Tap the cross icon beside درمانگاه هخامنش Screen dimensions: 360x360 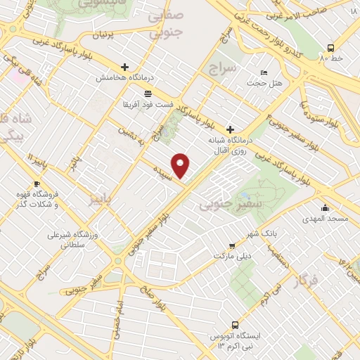(x=124, y=66)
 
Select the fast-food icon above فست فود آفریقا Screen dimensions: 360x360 (x=147, y=93)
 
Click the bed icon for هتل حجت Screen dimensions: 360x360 (x=264, y=72)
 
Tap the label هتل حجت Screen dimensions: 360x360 (x=264, y=83)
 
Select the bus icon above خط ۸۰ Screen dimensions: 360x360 (x=330, y=48)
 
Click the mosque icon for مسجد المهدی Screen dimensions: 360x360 (x=325, y=208)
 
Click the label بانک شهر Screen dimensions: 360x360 (x=265, y=233)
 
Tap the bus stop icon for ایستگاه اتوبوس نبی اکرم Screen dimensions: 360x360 (x=235, y=326)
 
